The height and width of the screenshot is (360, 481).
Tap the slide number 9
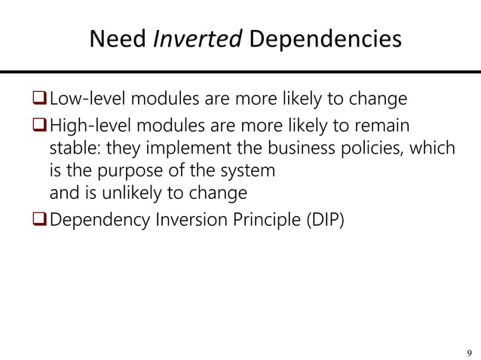470,351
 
